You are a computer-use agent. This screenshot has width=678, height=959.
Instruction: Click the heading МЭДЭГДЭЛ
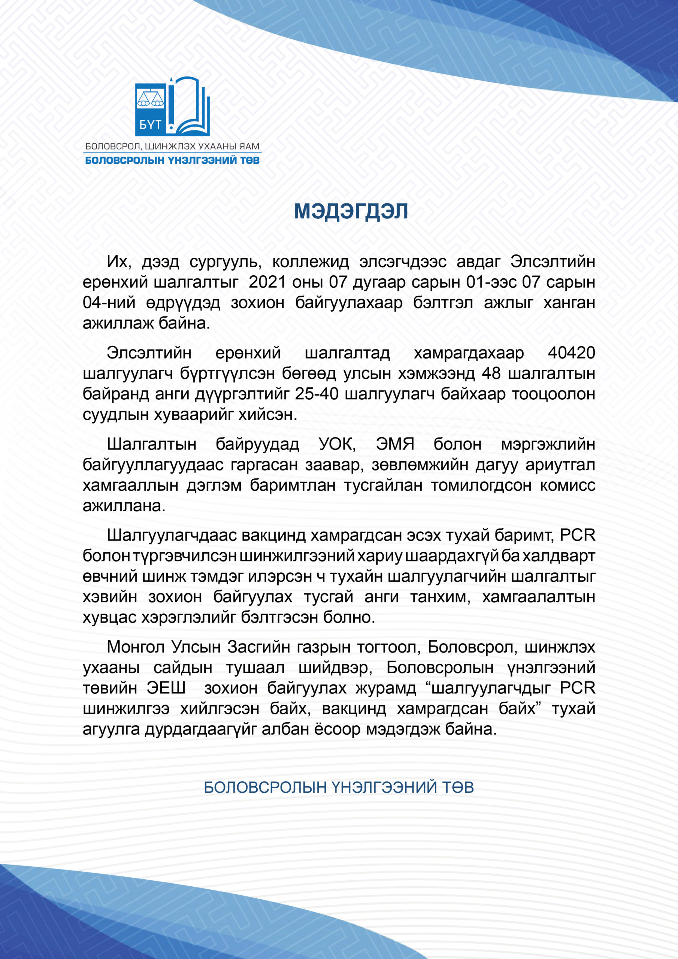351,211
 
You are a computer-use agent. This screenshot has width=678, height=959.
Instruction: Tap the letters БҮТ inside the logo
150,124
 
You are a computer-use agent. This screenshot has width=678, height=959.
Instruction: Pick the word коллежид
311,262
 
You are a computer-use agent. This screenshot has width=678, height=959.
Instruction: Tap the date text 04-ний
109,303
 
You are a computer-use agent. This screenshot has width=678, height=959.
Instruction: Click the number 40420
571,353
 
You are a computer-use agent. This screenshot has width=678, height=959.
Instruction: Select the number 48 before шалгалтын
491,373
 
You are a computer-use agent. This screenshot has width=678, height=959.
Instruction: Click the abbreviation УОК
337,444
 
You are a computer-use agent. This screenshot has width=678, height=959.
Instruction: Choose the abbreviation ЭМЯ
395,444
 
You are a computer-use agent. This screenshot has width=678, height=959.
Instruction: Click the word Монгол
134,647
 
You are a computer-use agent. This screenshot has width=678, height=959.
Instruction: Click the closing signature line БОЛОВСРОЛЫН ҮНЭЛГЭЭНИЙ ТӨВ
339,787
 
